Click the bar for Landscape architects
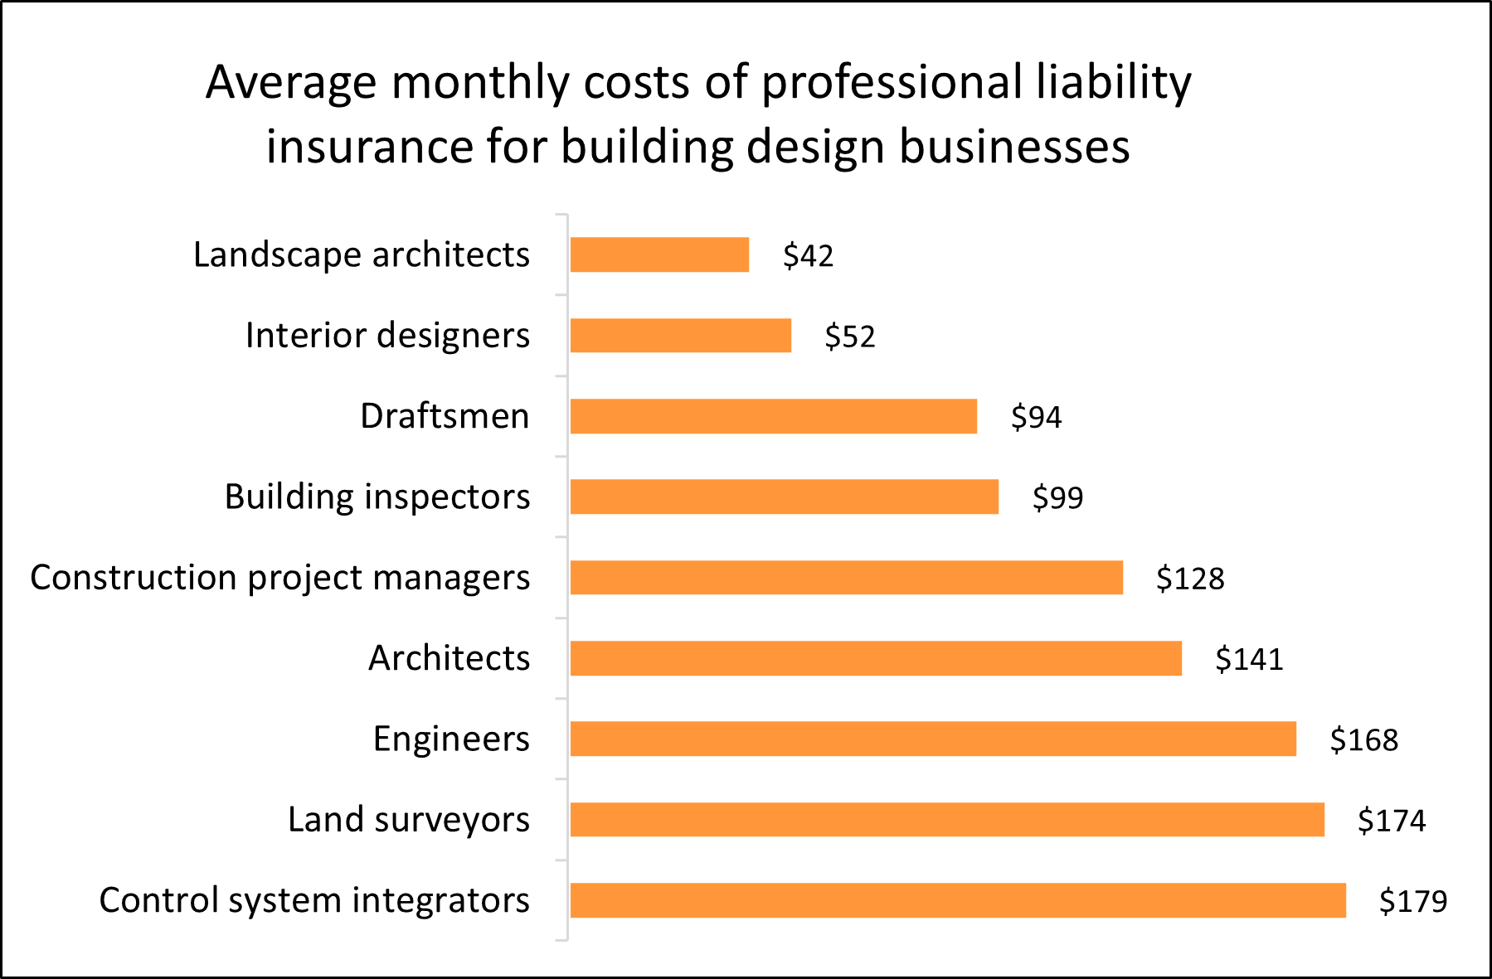659,254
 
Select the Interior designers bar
680,336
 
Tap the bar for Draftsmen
773,416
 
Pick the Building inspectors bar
784,497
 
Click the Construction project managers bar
846,578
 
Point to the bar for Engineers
933,739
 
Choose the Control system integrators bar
958,900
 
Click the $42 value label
808,256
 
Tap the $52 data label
849,337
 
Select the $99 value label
1057,497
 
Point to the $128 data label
1190,579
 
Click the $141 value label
1249,659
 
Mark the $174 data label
1391,821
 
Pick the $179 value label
1412,901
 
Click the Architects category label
449,658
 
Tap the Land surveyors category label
408,820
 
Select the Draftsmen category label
445,416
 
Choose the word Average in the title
291,83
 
